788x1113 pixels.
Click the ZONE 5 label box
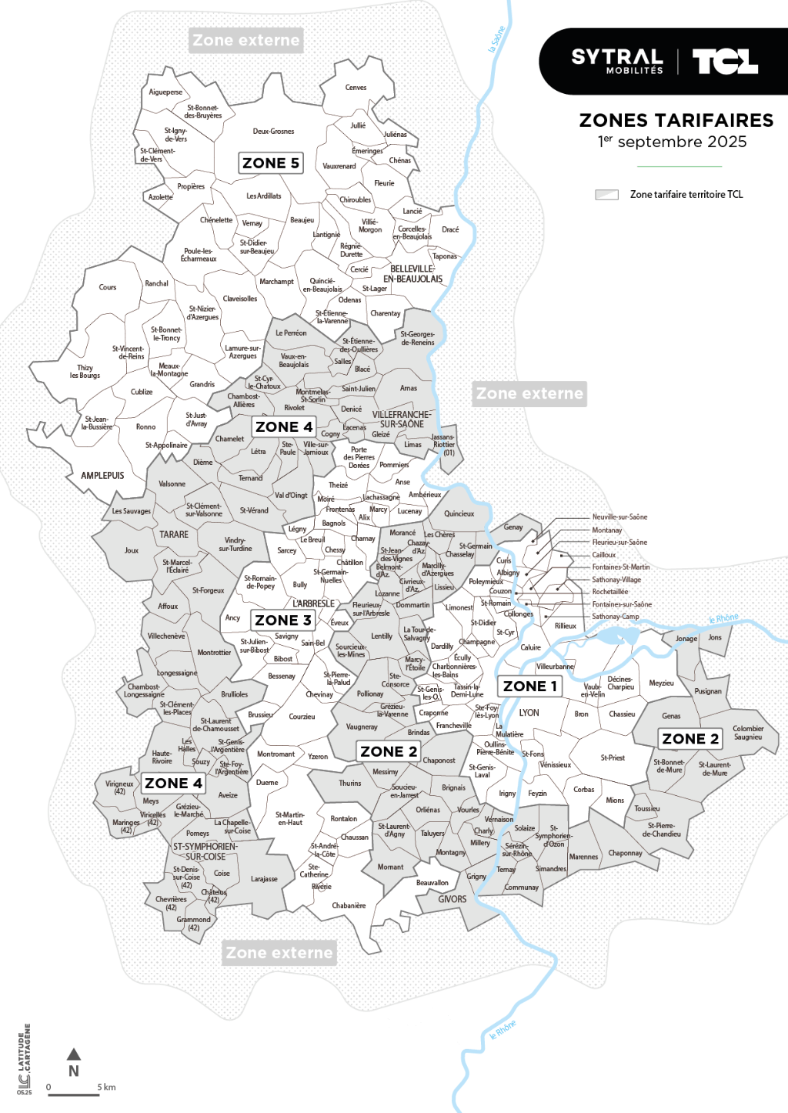pos(271,163)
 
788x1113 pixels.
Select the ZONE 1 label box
pos(530,686)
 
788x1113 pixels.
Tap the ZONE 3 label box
pos(283,620)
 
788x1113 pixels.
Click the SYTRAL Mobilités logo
pos(616,61)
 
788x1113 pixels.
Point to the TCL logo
pos(725,61)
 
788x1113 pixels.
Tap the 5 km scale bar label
pos(106,1088)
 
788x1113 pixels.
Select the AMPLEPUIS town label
pos(102,476)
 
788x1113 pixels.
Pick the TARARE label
pos(174,534)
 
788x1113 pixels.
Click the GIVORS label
pos(452,899)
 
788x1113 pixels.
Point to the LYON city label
pos(529,713)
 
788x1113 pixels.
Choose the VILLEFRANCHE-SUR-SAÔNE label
pos(402,419)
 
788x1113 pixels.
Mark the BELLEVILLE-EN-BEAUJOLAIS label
pos(413,274)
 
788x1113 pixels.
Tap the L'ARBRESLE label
pos(313,603)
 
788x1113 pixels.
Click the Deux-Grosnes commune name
pos(273,132)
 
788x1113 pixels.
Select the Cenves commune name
pos(356,88)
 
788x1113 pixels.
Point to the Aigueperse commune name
pos(165,92)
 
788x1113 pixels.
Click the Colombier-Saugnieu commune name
pos(748,733)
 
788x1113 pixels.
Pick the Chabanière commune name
pos(349,906)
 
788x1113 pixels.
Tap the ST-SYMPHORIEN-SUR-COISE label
pos(205,851)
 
